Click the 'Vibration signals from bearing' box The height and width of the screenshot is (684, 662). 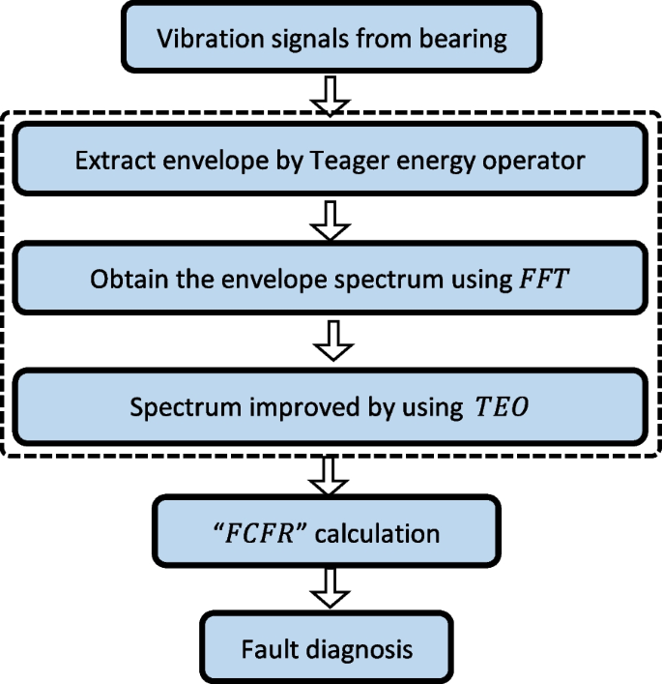pyautogui.click(x=330, y=40)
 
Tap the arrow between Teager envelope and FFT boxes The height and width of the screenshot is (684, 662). pyautogui.click(x=331, y=220)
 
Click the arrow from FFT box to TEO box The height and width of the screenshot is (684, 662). pyautogui.click(x=331, y=342)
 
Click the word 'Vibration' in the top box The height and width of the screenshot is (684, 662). pyautogui.click(x=199, y=40)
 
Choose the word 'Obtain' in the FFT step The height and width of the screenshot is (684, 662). pyautogui.click(x=125, y=281)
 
